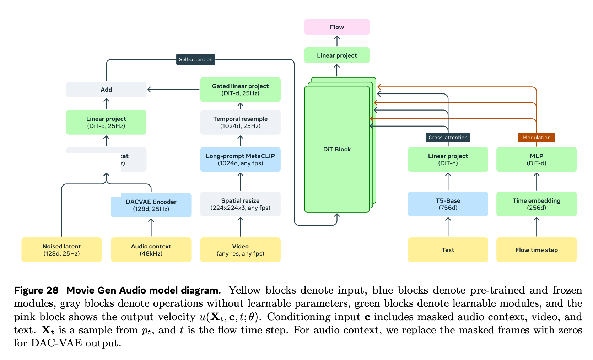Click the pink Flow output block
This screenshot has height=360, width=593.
point(337,27)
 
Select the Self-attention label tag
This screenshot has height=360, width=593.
point(196,59)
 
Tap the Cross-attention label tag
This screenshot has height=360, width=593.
point(448,138)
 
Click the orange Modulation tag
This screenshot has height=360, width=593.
point(536,138)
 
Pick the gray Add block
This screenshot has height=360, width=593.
point(106,90)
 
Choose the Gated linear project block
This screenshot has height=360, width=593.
point(240,90)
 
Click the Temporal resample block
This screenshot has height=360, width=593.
point(240,122)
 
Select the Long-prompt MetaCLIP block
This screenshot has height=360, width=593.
point(240,160)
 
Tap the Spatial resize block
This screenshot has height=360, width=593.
point(240,204)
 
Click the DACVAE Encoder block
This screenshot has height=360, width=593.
point(151,205)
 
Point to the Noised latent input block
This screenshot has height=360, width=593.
point(61,250)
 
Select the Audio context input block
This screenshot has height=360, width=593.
point(151,250)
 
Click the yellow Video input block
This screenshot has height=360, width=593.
point(240,250)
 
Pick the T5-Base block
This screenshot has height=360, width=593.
point(448,204)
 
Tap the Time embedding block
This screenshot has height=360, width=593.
point(536,204)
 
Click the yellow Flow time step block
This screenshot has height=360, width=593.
point(536,250)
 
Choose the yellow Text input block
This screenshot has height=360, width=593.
point(448,250)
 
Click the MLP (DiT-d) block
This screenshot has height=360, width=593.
point(536,160)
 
